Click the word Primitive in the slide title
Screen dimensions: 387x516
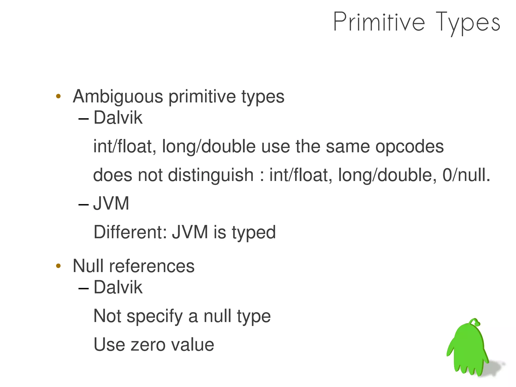379,22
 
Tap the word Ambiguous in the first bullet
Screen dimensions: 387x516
118,97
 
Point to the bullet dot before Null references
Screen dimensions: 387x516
58,266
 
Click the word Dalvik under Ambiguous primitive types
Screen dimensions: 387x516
118,118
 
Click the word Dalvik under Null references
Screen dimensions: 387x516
118,287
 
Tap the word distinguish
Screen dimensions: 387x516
211,175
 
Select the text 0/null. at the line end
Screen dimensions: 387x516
466,175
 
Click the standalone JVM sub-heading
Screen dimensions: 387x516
111,204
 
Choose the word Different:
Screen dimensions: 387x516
130,232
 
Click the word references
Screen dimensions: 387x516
152,266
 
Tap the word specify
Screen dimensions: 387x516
154,316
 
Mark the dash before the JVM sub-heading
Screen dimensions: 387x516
83,204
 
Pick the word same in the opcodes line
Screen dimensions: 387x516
348,146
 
